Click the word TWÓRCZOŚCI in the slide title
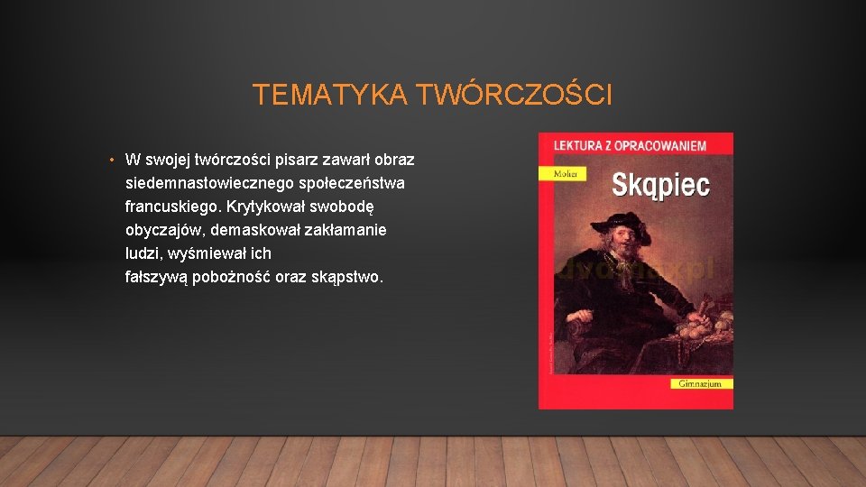[512, 95]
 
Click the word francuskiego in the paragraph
[170, 207]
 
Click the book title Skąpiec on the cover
[661, 186]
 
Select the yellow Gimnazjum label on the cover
[701, 383]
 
